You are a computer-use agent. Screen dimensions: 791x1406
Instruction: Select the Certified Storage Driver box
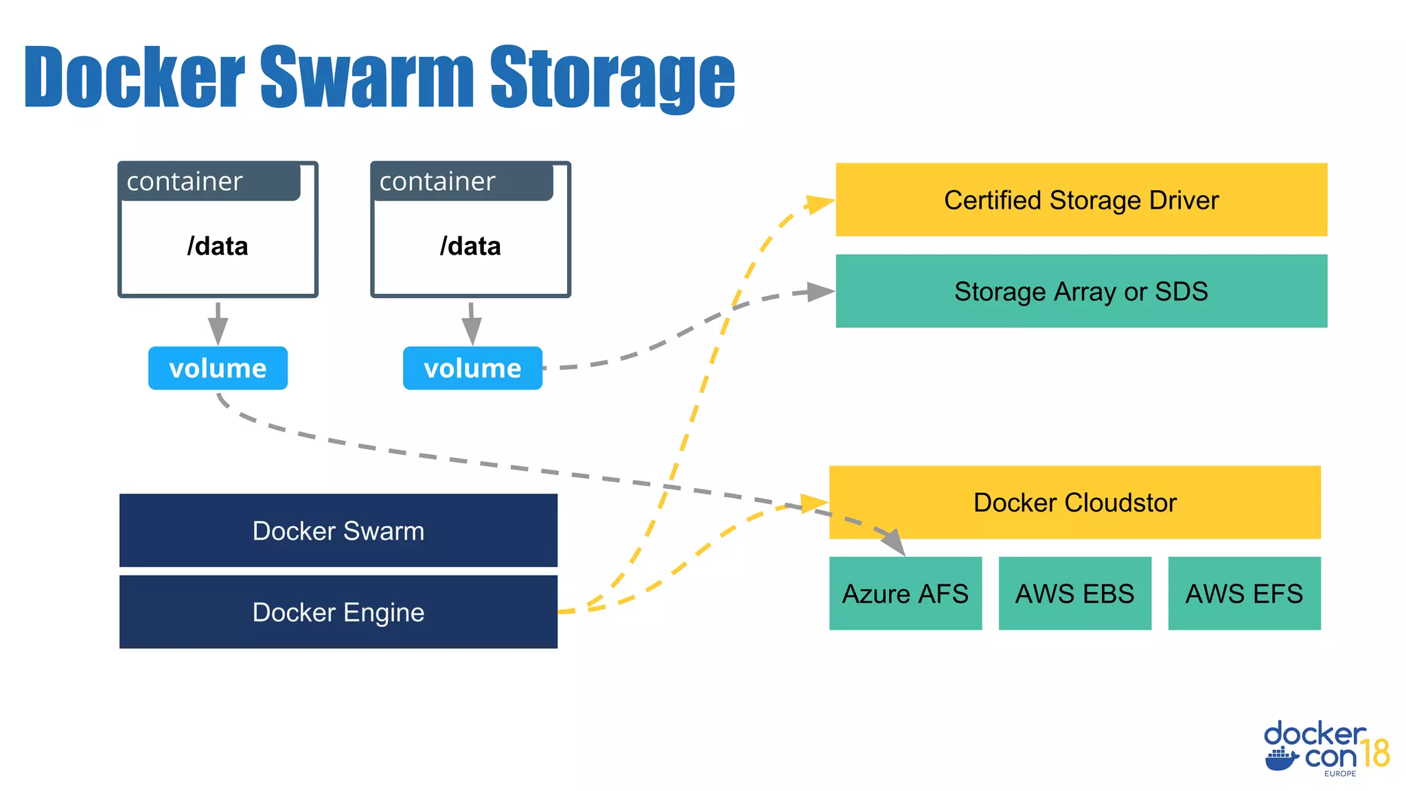(1081, 200)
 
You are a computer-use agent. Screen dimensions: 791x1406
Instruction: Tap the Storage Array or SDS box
(1081, 291)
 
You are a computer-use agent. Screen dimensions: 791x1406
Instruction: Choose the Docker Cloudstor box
(1074, 502)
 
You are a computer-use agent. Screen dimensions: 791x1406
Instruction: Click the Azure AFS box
(905, 593)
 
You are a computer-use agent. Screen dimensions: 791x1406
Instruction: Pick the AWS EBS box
(1074, 593)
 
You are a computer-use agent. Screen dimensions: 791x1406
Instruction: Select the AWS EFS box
(1244, 593)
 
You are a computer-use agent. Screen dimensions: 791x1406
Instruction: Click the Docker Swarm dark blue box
(338, 530)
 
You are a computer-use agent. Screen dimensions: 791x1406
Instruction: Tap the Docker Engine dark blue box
(338, 612)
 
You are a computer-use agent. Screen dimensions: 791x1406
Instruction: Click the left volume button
(218, 368)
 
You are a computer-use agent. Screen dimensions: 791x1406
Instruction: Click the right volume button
(472, 368)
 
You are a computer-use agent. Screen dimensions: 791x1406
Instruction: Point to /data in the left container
(218, 246)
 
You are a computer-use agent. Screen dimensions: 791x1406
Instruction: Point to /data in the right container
(470, 246)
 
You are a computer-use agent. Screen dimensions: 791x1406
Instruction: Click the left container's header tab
(209, 182)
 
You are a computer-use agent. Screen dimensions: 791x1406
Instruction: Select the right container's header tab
(462, 182)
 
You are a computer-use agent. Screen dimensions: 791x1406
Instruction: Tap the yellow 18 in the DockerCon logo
(1375, 753)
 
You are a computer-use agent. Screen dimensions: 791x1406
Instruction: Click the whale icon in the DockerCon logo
(1281, 759)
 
